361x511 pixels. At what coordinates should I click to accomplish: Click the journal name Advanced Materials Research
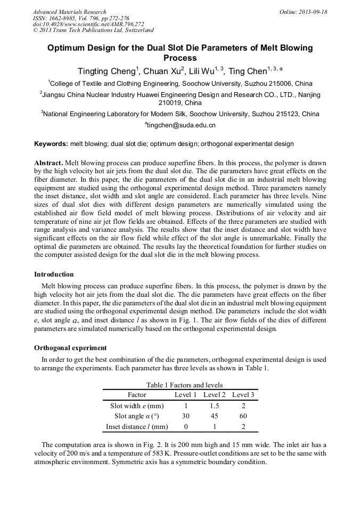tap(69, 12)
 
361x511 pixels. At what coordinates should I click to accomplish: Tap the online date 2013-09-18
tap(303, 12)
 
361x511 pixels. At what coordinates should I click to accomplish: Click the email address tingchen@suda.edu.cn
tap(181, 125)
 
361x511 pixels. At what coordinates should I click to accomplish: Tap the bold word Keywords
tap(51, 144)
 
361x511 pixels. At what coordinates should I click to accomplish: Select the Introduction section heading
tap(54, 274)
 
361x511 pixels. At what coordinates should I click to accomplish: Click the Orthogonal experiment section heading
tap(70, 348)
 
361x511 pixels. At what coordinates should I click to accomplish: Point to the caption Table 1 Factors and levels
tap(184, 385)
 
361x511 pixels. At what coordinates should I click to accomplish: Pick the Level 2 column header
tap(215, 395)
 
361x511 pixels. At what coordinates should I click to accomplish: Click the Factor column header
tap(137, 395)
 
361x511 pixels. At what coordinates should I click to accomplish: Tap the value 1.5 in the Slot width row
tap(215, 406)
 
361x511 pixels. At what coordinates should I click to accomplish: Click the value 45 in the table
tap(215, 416)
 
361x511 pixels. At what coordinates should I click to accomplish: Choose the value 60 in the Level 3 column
tap(243, 416)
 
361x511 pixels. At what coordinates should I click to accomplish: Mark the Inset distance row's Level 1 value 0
tap(186, 427)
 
